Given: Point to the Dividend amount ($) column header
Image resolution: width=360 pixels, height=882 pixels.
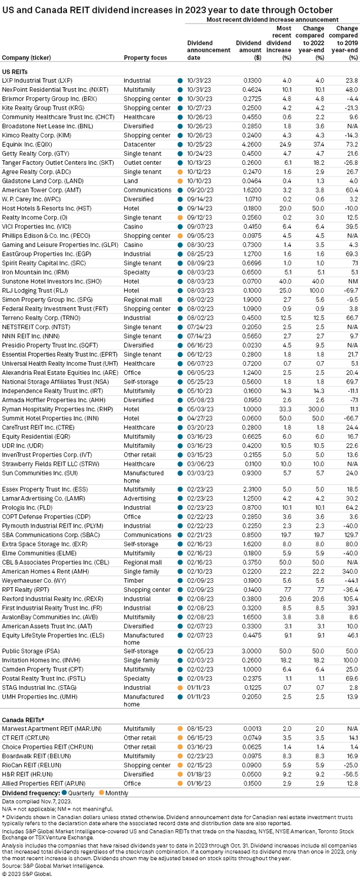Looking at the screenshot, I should point(249,49).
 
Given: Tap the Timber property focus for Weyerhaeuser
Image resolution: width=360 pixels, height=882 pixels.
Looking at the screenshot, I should point(133,564).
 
